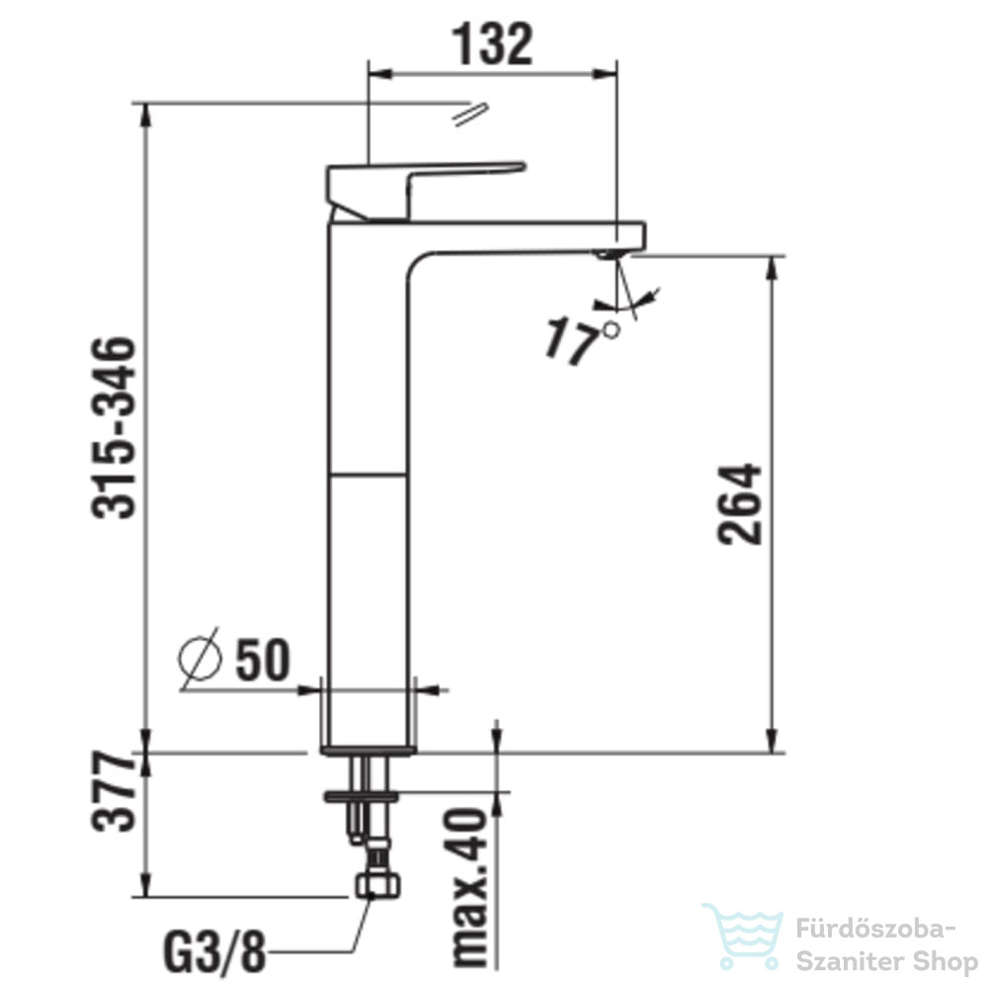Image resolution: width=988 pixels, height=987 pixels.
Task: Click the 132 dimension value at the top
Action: pyautogui.click(x=493, y=45)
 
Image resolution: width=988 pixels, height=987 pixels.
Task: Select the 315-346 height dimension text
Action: pyautogui.click(x=114, y=428)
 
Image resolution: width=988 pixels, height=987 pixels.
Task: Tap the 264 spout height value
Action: pyautogui.click(x=740, y=504)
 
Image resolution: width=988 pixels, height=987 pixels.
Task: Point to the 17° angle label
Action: pyautogui.click(x=582, y=341)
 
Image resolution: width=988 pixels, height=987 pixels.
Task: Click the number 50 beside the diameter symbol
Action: pyautogui.click(x=263, y=660)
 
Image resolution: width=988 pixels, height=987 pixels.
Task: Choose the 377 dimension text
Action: pyautogui.click(x=114, y=791)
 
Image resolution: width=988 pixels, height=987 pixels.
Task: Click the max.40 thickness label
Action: pyautogui.click(x=470, y=887)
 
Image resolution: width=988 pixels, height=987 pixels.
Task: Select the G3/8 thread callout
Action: pyautogui.click(x=214, y=952)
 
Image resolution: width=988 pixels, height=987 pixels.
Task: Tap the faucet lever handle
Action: pyautogui.click(x=424, y=191)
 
